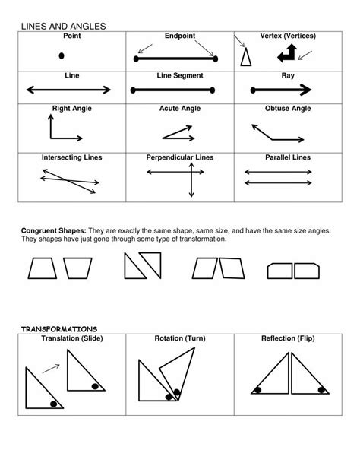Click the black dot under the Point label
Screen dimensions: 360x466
click(x=61, y=55)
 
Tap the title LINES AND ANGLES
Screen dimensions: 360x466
click(x=63, y=27)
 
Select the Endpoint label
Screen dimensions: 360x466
click(x=180, y=36)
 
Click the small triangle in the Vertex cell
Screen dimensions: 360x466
click(x=245, y=57)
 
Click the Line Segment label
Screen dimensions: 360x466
click(x=180, y=75)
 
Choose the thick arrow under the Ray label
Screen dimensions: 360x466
click(x=288, y=90)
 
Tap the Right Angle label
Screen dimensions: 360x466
click(x=71, y=109)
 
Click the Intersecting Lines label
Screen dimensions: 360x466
click(x=71, y=157)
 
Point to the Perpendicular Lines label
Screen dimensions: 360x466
click(x=180, y=157)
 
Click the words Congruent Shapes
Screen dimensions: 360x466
click(x=53, y=230)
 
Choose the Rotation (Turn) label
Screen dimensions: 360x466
click(x=180, y=338)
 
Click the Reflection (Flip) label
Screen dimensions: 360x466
click(x=288, y=338)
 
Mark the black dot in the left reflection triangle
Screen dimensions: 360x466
click(x=258, y=390)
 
